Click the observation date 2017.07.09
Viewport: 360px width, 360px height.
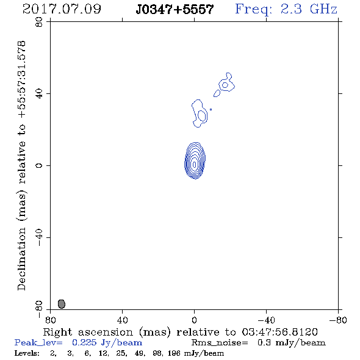coord(62,9)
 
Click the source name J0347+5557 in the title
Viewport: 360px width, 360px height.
coord(175,9)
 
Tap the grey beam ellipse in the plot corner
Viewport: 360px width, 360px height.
coord(62,304)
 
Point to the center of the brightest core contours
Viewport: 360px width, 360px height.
coord(195,164)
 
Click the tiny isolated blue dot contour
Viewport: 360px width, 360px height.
coord(211,109)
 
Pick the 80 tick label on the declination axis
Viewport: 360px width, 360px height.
coord(39,22)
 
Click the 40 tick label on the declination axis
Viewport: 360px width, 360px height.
coord(39,94)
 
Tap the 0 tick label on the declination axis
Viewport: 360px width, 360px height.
coord(39,165)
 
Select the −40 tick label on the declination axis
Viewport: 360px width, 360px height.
coord(39,237)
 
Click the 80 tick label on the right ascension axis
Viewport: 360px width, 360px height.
coord(50,320)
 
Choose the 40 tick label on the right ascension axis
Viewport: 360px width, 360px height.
coord(122,320)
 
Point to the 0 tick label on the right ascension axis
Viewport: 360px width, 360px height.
coord(194,320)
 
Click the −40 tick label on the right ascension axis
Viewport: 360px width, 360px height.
coord(266,320)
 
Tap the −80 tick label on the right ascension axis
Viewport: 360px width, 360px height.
coord(338,320)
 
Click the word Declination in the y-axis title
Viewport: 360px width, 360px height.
coord(21,259)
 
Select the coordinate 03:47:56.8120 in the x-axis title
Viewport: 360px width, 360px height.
coord(279,332)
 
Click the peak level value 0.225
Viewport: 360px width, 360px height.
coord(84,342)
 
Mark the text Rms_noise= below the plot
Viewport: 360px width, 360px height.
coord(220,343)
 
